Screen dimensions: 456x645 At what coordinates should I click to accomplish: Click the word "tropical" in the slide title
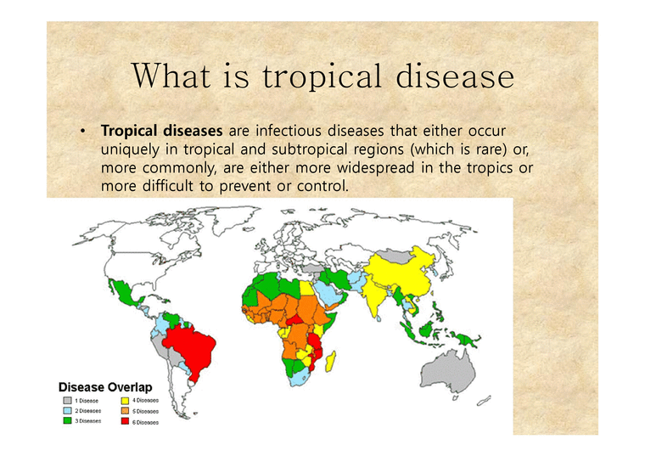322,77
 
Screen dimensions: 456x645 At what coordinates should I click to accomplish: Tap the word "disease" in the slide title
454,77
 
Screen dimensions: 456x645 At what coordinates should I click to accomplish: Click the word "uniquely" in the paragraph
129,149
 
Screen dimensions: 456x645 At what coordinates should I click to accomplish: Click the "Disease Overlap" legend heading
105,387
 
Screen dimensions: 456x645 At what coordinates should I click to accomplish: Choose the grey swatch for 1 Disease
66,400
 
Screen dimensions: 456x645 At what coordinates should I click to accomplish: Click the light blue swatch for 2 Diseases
66,410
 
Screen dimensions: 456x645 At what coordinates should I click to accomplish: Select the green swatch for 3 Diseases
66,420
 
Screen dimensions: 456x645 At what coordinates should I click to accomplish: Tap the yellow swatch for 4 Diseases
126,400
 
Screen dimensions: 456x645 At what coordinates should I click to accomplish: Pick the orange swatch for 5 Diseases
126,410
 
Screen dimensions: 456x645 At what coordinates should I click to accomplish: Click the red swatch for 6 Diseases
126,420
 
